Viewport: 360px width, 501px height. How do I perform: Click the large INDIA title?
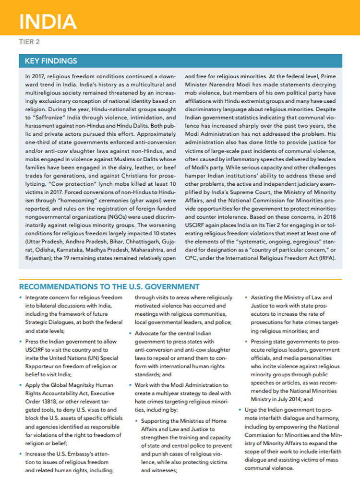click(x=48, y=22)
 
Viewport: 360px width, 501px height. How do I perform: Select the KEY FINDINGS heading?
click(x=51, y=61)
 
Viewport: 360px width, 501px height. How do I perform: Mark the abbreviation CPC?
click(x=192, y=258)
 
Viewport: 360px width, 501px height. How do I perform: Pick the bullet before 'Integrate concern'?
click(x=21, y=298)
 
